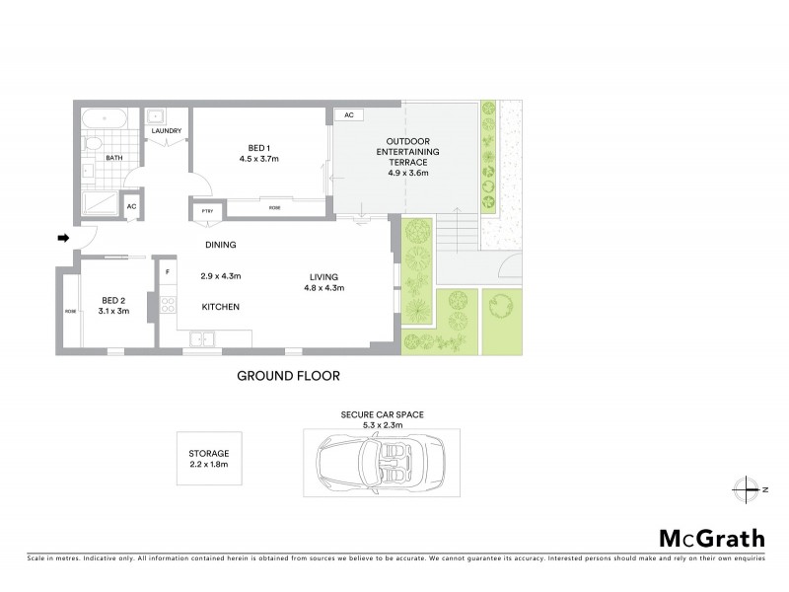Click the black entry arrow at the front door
(64, 238)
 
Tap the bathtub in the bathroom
(103, 119)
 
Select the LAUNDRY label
(165, 129)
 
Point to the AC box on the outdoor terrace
(347, 115)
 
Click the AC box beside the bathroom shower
(130, 206)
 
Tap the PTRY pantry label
(207, 210)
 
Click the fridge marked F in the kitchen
(168, 271)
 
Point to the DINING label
(220, 245)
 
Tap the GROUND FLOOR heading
(288, 376)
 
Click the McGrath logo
(710, 538)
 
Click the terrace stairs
(457, 236)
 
